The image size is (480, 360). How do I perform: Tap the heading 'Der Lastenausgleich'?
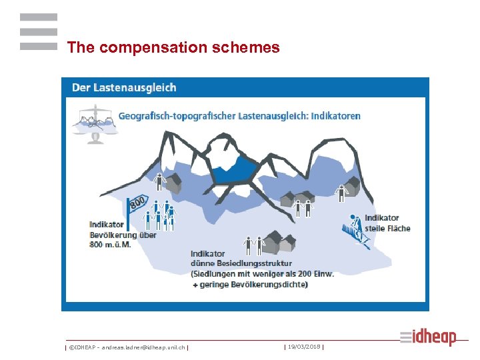(125, 87)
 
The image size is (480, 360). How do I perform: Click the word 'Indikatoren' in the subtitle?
(334, 115)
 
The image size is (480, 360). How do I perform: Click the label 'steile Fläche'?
(388, 228)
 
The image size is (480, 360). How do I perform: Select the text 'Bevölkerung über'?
(123, 235)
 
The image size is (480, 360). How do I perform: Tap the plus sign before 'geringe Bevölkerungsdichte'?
(195, 285)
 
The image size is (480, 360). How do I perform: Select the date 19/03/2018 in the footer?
(304, 346)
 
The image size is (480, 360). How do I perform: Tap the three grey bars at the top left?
(39, 31)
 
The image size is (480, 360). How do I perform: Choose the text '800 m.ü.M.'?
(110, 244)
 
